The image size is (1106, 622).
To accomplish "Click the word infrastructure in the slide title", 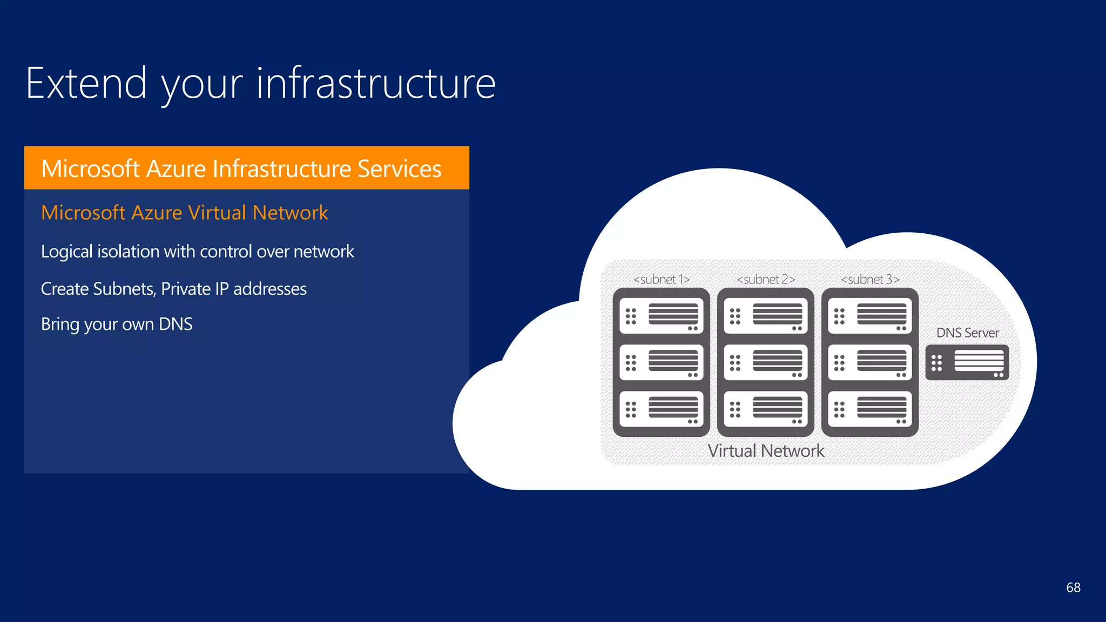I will click(x=376, y=84).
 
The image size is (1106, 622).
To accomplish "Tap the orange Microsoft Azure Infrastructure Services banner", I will click(x=246, y=168).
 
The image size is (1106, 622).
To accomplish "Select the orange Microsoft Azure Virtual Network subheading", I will click(x=185, y=213).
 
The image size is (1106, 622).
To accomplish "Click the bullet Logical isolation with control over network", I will click(x=198, y=252).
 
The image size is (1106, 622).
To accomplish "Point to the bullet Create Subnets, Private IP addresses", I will click(x=174, y=289).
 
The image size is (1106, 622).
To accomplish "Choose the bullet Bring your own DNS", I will click(x=117, y=324).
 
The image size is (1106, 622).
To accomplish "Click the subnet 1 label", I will click(x=662, y=279).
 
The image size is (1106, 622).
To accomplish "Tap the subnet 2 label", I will click(x=766, y=279).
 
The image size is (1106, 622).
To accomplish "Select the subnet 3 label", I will click(x=870, y=279).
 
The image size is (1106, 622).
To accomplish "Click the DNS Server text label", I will click(x=967, y=333).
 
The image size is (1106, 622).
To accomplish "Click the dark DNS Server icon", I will click(x=967, y=362).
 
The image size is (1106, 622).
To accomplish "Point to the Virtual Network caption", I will click(x=766, y=451).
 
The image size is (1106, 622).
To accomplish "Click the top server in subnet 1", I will click(x=662, y=316).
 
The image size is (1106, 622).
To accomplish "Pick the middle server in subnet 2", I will click(x=766, y=362).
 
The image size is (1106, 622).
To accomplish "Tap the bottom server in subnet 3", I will click(x=870, y=409).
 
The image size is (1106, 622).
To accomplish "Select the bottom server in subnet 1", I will click(x=662, y=409).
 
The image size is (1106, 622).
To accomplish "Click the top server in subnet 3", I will click(x=870, y=316).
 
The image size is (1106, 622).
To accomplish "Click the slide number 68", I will click(x=1073, y=587).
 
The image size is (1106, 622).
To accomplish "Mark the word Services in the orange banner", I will click(x=400, y=168).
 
